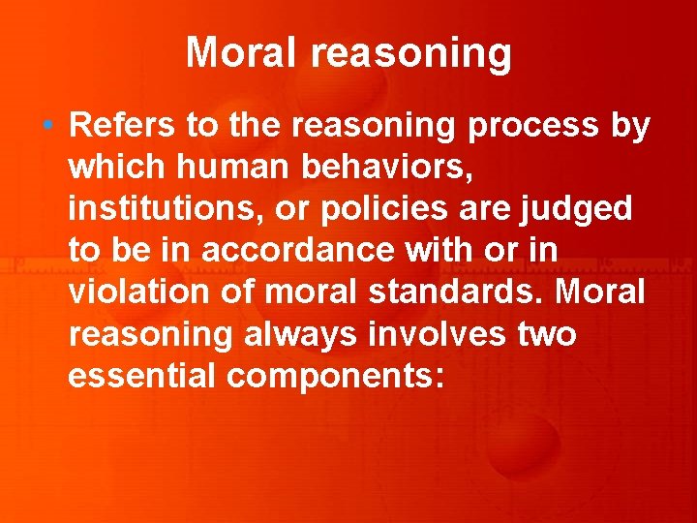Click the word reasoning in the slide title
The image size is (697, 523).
pyautogui.click(x=411, y=54)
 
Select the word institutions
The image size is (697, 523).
pyautogui.click(x=157, y=209)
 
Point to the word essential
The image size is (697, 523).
pyautogui.click(x=141, y=376)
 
